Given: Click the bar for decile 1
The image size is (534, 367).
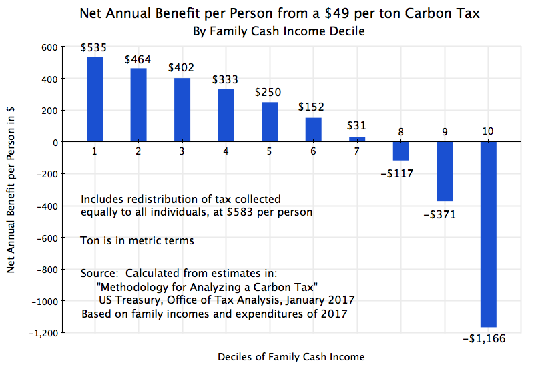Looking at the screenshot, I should click(95, 99).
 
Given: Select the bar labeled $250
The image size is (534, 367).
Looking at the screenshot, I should click(270, 122).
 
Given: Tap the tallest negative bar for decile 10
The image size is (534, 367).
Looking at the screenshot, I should click(489, 234).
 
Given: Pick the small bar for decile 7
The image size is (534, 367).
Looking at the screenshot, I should click(357, 139).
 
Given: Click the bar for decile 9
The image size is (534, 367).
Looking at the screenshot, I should click(445, 171).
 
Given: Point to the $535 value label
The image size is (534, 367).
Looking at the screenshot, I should click(94, 48).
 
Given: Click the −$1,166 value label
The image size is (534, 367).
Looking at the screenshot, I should click(484, 338).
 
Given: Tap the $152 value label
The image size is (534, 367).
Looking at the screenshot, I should click(313, 107).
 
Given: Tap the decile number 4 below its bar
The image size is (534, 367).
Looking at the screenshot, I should click(226, 151).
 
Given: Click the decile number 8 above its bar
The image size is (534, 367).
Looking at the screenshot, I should click(400, 132).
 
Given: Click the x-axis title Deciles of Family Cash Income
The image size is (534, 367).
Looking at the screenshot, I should click(291, 357).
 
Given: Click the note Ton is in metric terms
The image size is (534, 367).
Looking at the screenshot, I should click(138, 240).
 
